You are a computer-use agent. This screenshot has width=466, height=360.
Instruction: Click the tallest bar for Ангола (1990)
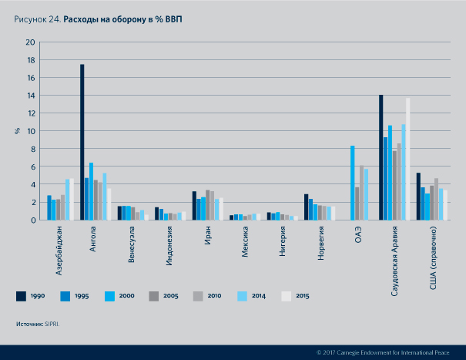pos(82,142)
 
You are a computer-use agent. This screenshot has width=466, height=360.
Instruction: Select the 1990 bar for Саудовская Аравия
pos(381,157)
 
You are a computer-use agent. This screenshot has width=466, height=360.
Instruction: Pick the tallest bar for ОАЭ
pos(352,183)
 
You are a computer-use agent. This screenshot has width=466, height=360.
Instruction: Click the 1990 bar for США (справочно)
pos(418,196)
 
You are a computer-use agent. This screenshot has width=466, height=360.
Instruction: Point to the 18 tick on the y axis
pos(31,59)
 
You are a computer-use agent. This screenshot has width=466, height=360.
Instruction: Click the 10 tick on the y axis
pos(31,131)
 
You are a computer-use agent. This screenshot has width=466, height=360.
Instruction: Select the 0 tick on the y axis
pos(33,220)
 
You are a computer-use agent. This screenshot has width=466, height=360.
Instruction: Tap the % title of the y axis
pos(17,130)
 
